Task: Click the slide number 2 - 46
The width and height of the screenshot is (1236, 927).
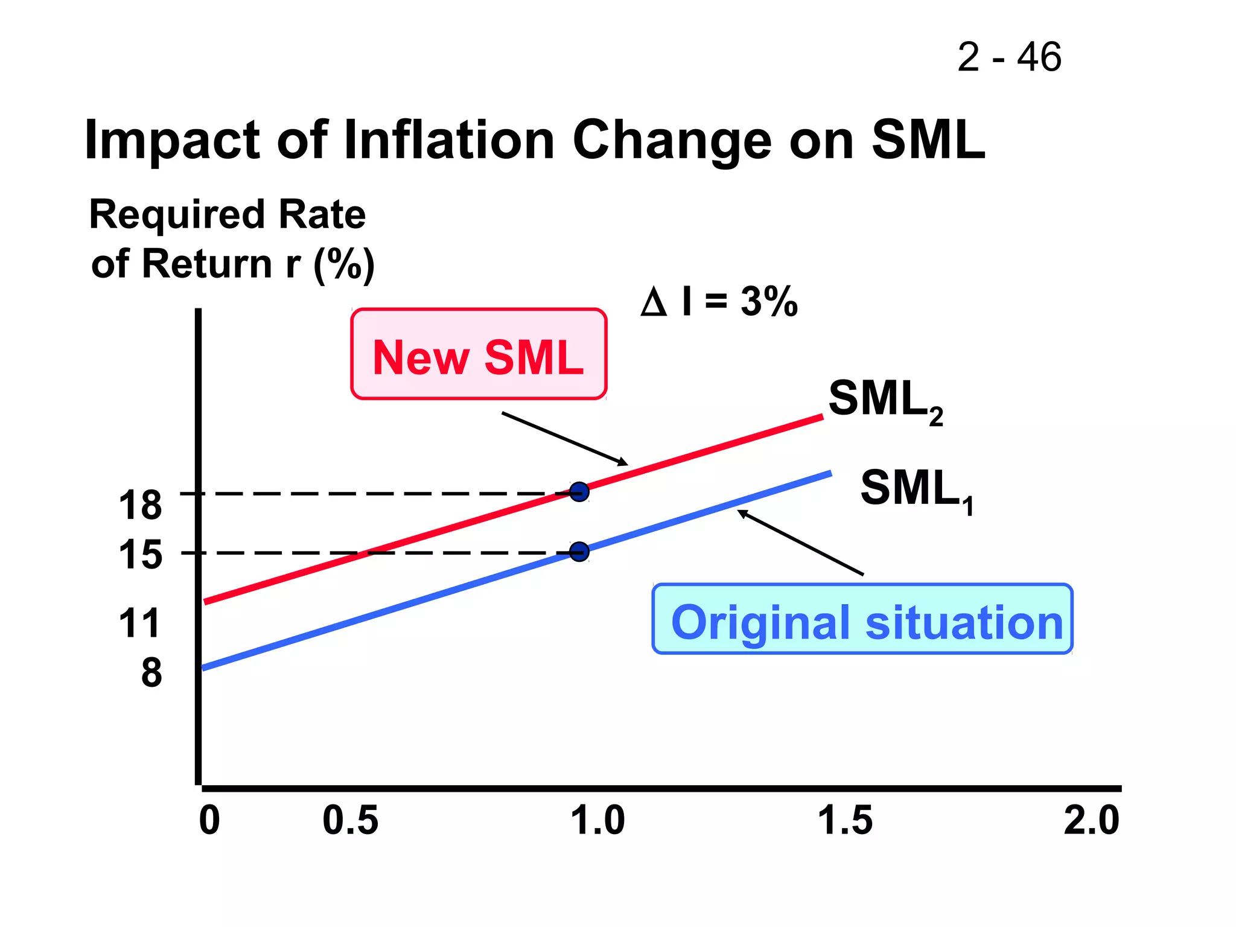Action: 1009,57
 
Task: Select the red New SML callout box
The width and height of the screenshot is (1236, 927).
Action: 479,354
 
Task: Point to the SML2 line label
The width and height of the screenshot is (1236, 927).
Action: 885,401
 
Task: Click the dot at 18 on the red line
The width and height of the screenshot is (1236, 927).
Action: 579,492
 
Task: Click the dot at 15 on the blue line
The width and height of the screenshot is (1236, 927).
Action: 579,551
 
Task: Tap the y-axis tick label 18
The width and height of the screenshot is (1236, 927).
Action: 140,505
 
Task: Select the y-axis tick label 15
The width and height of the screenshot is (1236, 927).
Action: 140,555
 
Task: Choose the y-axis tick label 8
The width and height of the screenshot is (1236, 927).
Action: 151,673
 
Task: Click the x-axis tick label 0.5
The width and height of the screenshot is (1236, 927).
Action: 350,821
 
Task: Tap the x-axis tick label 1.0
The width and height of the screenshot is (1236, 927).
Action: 597,821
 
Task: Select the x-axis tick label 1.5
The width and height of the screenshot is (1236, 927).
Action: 845,821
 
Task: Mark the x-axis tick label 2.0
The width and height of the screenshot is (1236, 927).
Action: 1091,821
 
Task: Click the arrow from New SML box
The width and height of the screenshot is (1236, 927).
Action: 564,439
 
